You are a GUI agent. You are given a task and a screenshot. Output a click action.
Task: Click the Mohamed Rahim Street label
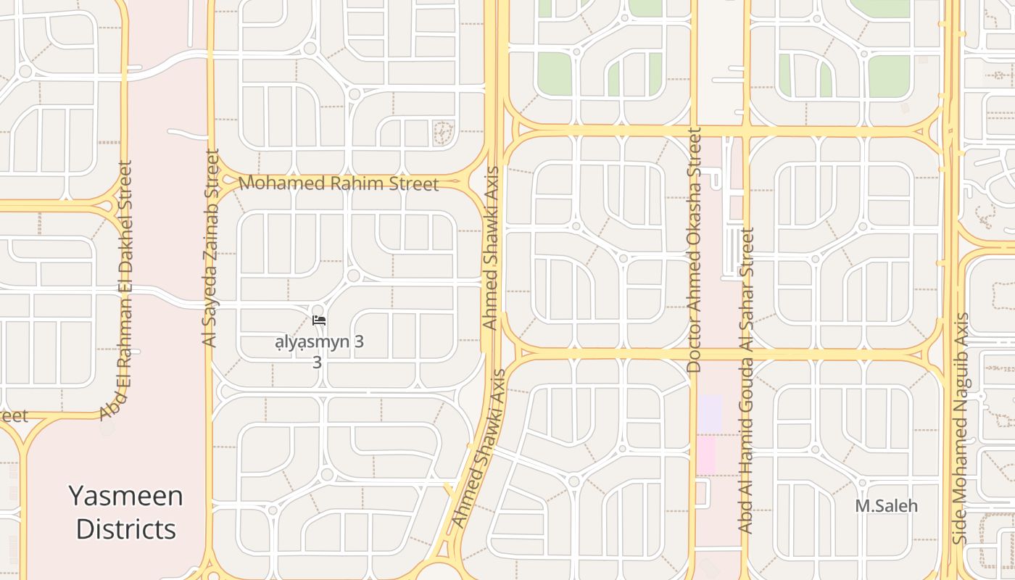point(339,183)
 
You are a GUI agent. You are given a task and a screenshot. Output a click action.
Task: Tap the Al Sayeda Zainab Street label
point(211,248)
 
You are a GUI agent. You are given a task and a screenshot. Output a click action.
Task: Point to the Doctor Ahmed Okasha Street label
point(694,250)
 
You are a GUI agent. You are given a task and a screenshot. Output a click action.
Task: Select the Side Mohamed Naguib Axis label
point(961,428)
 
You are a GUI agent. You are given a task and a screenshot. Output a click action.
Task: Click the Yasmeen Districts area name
point(126,513)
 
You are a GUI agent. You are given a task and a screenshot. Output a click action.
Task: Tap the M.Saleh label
point(886,506)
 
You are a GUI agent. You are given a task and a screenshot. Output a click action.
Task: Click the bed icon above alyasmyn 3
point(318,320)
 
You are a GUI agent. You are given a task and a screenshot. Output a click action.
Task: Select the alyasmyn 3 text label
point(319,342)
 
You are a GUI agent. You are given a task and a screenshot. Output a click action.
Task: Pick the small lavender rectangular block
point(710,412)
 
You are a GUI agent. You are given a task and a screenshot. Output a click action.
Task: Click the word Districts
point(126,529)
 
